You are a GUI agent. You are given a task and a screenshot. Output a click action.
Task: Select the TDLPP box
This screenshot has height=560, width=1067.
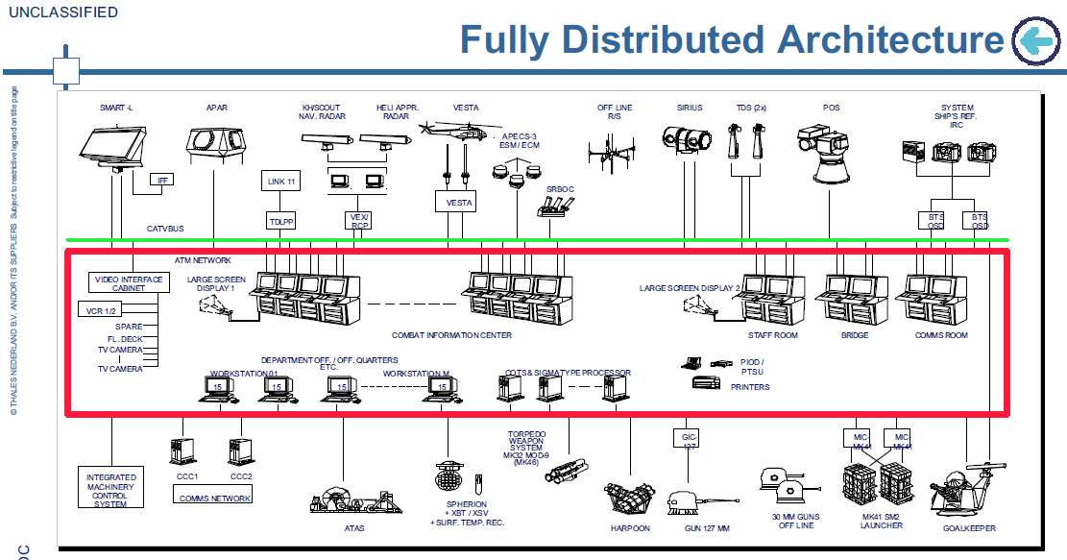[x=280, y=222]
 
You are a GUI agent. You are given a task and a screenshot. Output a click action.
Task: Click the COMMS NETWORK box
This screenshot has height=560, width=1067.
[x=215, y=498]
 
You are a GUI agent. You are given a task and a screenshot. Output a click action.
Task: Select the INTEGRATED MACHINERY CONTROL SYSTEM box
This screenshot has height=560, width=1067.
[x=110, y=490]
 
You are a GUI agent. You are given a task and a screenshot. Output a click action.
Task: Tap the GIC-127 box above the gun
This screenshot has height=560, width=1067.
[x=687, y=439]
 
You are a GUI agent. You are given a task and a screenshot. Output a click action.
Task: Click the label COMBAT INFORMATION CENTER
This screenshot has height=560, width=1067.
[x=451, y=336]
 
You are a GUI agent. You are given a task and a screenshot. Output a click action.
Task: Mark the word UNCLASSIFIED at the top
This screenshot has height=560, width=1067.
[x=63, y=12]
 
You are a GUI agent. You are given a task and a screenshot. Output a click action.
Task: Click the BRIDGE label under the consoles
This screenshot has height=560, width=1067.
[x=854, y=336]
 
